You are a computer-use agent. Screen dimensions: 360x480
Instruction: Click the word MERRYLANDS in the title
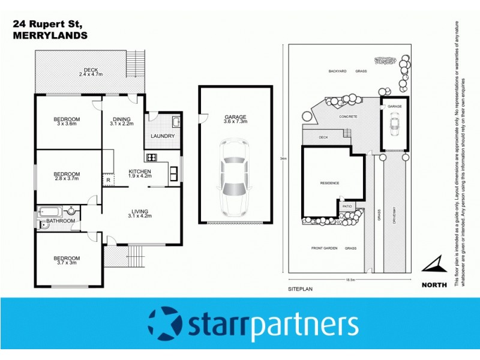tap(50, 35)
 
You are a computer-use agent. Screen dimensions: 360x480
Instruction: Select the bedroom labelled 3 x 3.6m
tap(67, 122)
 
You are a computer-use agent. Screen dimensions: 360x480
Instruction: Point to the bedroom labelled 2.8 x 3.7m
tap(67, 176)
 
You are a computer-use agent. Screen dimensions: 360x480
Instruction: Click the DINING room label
tap(122, 122)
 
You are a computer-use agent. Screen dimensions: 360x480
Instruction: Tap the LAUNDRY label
tap(163, 136)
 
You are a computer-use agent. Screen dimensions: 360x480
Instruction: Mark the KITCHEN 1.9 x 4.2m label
tap(140, 174)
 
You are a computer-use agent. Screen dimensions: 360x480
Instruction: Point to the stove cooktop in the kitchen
tap(151, 158)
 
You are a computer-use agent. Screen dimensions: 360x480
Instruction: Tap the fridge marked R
tap(108, 179)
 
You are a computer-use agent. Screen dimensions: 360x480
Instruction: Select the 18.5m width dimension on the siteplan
tap(349, 280)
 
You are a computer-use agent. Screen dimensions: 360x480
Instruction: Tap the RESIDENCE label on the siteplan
tap(329, 183)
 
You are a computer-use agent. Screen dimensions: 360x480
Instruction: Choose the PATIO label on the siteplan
tap(347, 205)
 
